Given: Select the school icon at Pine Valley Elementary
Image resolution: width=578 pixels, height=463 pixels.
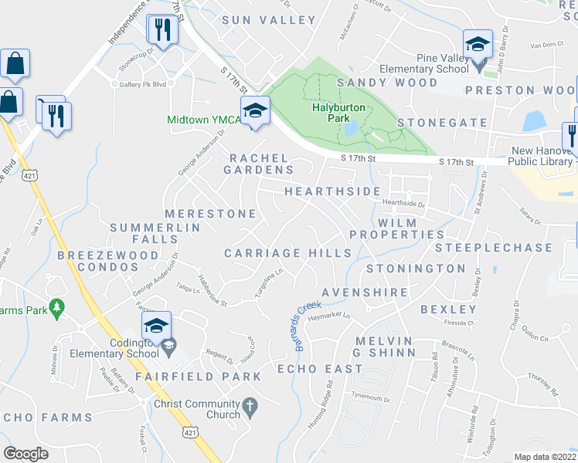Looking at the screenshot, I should [478, 43].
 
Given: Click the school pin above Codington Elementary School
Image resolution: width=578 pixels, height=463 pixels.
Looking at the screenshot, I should [156, 326].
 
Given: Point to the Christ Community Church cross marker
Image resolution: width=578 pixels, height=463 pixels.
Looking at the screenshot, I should [249, 405].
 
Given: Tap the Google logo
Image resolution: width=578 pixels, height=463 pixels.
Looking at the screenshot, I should [25, 454].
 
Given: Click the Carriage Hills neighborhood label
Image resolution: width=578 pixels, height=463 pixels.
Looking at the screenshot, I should [288, 253].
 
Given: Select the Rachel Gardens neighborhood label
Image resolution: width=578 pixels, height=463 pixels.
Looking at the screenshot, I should [260, 164].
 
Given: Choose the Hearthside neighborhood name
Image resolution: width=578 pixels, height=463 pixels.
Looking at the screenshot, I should [332, 191].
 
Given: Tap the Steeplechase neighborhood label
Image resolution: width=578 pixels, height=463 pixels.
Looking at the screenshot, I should [495, 248].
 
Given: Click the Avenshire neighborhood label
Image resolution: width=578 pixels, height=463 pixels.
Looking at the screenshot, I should [364, 292].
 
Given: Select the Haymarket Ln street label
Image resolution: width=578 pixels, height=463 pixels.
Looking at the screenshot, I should [329, 316].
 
